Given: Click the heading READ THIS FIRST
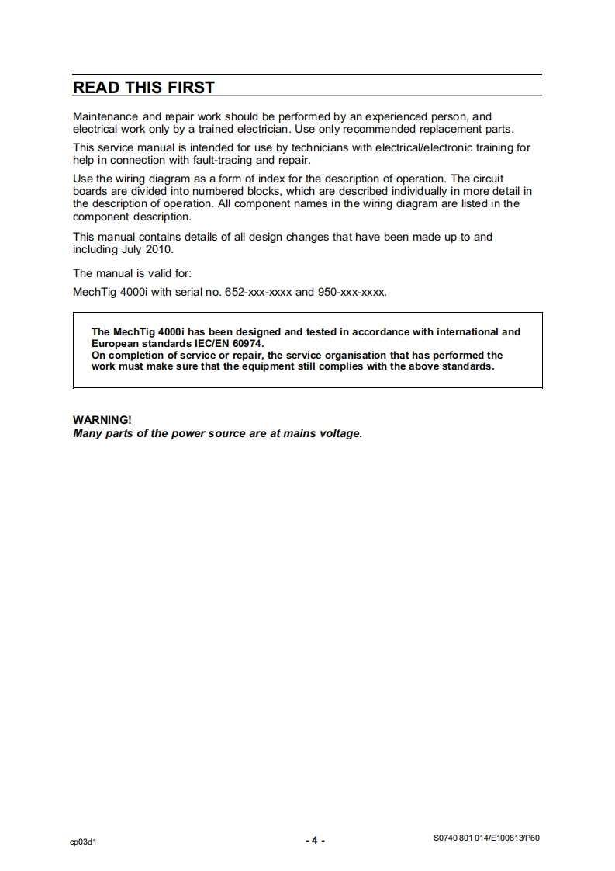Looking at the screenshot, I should coord(143,88).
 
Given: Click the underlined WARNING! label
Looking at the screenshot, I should coord(102,420).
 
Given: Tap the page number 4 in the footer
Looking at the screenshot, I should coord(315,841).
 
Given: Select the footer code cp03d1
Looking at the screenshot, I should coord(85,842).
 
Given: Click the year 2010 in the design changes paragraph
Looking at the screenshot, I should coord(160,250).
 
